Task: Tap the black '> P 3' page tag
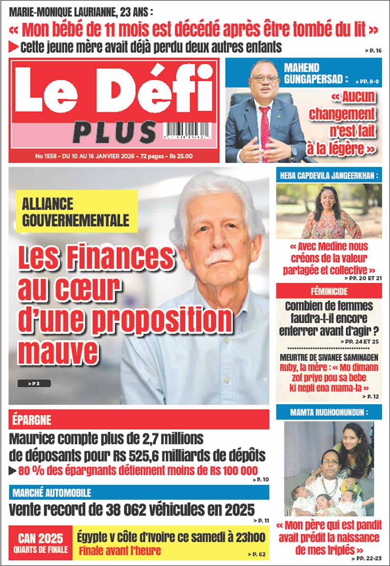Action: pyautogui.click(x=34, y=384)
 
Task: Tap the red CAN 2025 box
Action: pyautogui.click(x=40, y=543)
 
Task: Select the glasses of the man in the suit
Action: pyautogui.click(x=265, y=78)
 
